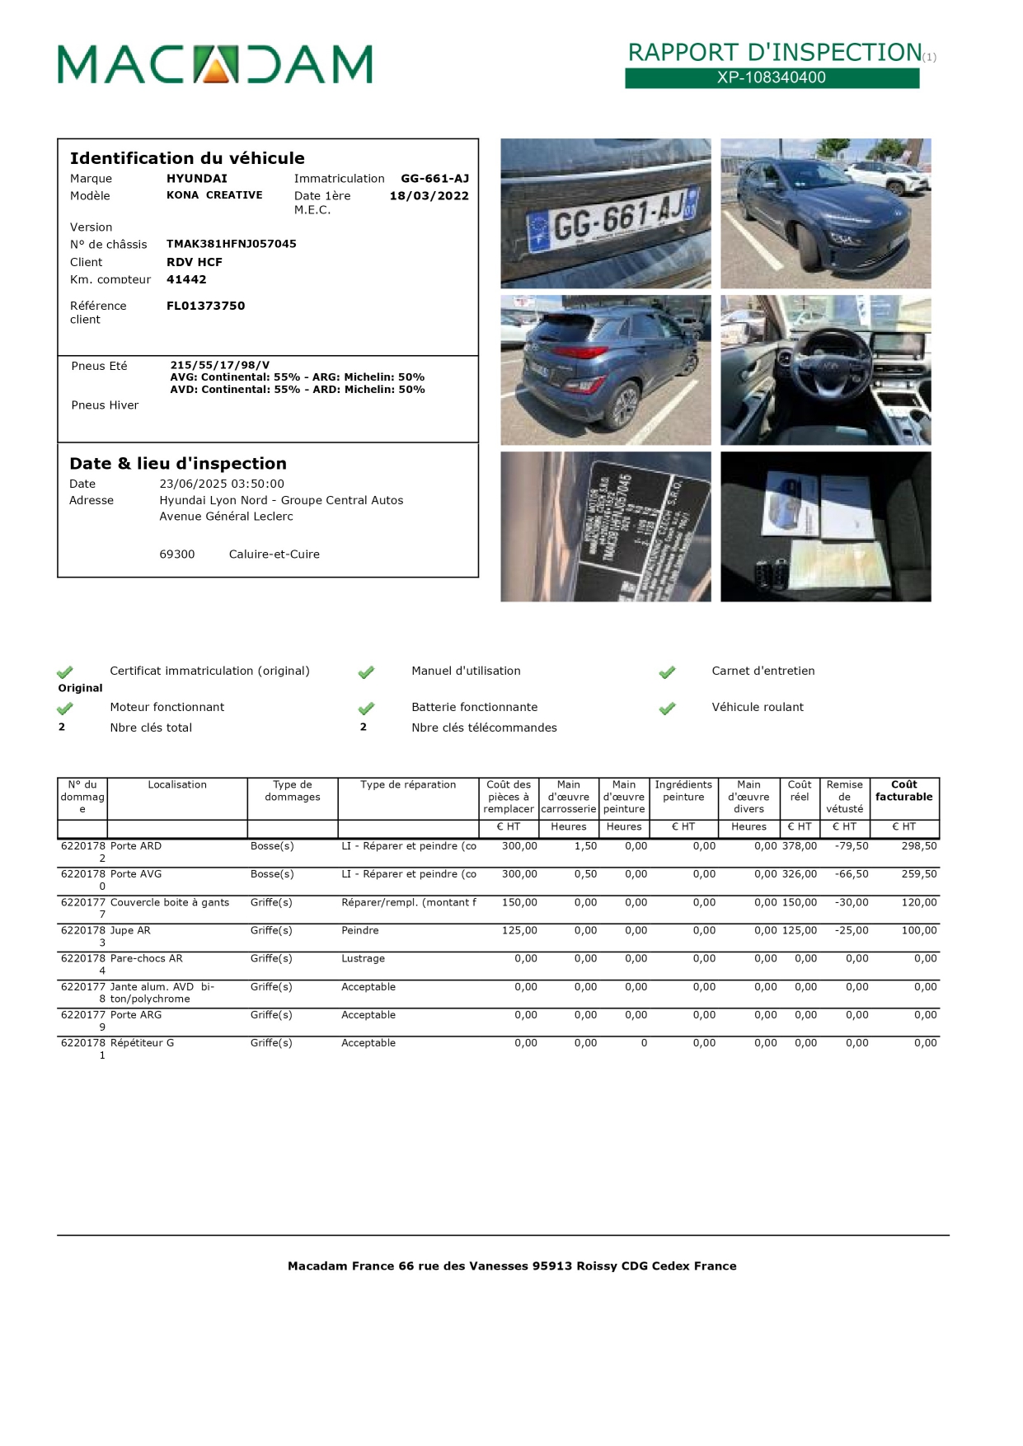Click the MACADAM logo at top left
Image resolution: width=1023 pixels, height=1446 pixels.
(x=214, y=64)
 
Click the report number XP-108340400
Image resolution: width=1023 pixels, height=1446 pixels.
(x=771, y=77)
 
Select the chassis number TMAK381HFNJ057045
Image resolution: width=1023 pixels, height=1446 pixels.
(x=231, y=244)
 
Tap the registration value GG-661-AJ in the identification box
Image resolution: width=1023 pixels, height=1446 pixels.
(x=434, y=179)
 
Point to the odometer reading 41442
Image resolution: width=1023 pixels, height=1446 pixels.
(x=186, y=279)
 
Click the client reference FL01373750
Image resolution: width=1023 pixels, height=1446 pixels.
(x=205, y=306)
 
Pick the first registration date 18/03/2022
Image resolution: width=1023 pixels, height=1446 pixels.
(x=429, y=196)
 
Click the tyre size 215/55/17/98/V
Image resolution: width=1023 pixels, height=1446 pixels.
(x=219, y=365)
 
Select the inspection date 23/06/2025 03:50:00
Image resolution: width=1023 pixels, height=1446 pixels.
(x=221, y=484)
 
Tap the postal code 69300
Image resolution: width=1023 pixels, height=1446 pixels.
(x=177, y=555)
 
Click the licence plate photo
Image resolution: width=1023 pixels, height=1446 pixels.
(x=605, y=213)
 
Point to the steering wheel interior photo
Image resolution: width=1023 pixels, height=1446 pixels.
(x=825, y=370)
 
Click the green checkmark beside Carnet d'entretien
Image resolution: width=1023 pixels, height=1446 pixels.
(x=667, y=672)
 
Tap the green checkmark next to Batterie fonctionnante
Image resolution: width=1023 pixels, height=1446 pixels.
(x=366, y=709)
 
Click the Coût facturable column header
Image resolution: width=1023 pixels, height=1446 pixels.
(x=903, y=791)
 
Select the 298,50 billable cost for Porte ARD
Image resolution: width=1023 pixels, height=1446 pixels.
(x=918, y=846)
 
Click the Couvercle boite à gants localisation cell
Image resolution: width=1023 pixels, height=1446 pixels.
(x=170, y=902)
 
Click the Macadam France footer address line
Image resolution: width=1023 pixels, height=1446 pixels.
(x=511, y=1266)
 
